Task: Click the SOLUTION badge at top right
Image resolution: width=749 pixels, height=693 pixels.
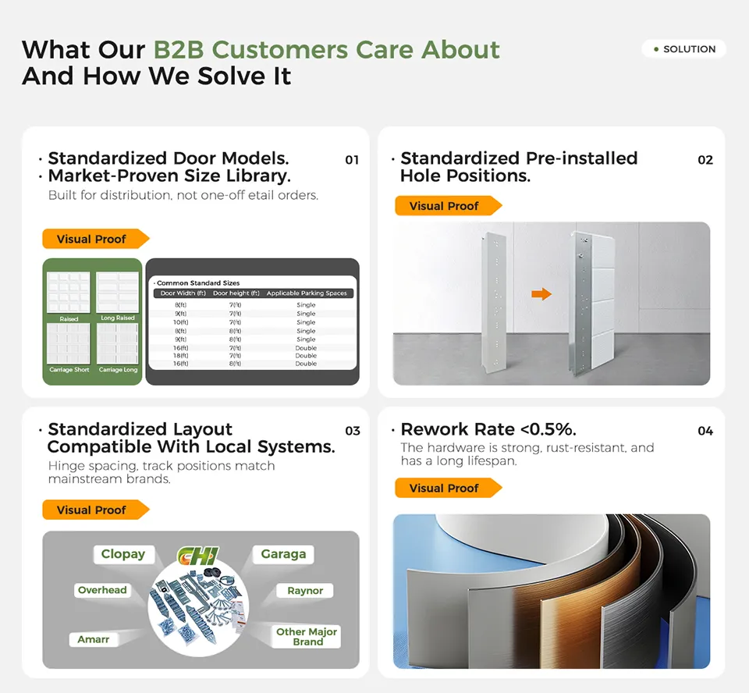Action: pos(684,49)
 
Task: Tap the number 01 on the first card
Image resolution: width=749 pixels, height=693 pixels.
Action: pos(352,160)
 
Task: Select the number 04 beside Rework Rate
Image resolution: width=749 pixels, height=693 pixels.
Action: pos(705,431)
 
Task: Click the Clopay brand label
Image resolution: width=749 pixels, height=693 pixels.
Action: pos(122,554)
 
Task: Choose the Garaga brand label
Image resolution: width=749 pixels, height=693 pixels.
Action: pos(283,554)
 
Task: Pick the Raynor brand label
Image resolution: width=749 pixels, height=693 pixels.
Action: pos(305,591)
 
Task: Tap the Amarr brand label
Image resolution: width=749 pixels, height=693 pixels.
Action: pos(94,639)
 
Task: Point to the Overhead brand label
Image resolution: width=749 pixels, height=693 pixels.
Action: pos(102,590)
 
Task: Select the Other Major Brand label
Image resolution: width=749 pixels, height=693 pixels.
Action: pos(307,637)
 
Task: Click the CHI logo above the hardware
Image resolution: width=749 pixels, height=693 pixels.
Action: pos(198,556)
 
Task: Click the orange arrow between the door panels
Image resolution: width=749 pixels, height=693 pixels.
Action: pos(541,294)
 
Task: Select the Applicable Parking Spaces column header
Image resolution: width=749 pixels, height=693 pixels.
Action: pos(306,293)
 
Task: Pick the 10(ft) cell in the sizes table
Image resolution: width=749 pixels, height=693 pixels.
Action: pos(180,322)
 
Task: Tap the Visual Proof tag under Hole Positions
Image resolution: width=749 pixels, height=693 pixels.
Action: pos(446,206)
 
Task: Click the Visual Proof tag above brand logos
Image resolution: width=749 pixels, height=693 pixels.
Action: pos(94,510)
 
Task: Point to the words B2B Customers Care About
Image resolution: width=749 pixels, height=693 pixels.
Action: pos(326,50)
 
